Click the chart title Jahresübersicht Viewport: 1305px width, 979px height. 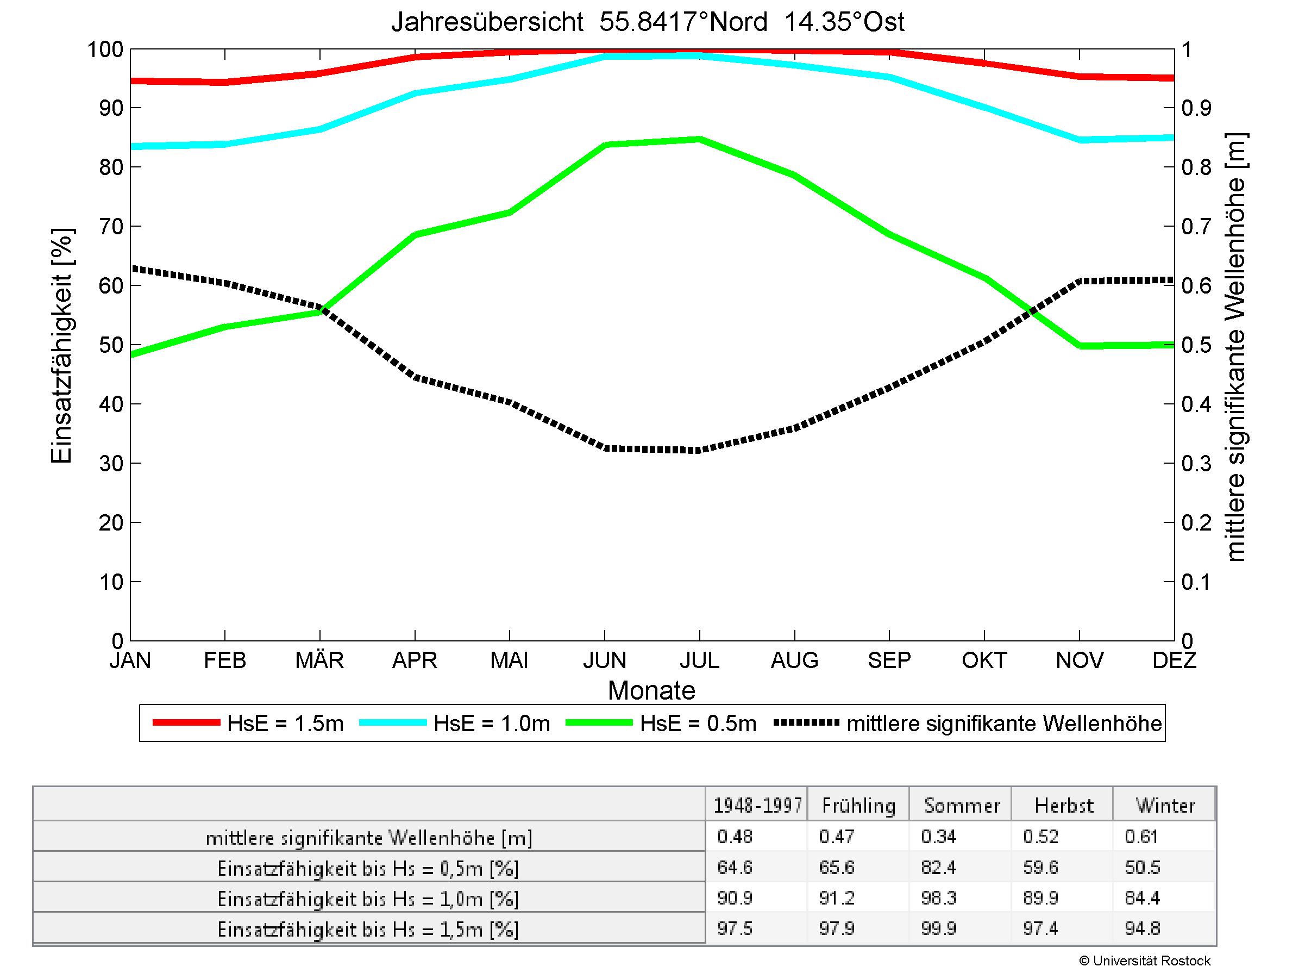[x=647, y=22]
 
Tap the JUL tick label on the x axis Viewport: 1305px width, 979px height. [x=699, y=660]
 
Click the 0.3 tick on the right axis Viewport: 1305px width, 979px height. [x=1196, y=464]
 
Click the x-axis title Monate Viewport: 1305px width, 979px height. [x=651, y=690]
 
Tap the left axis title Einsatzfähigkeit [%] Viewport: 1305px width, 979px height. [x=61, y=345]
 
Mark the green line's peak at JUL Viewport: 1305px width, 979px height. [x=699, y=139]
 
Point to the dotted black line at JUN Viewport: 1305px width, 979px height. [x=605, y=448]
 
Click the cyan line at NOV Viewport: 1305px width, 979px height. [x=1080, y=140]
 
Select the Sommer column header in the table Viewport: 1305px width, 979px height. [x=962, y=806]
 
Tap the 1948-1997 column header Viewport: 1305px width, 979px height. [x=757, y=806]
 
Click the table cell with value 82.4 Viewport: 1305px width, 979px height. [x=938, y=868]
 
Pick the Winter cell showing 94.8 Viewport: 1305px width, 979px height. [x=1143, y=929]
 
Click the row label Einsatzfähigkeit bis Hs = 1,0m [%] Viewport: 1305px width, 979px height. [x=368, y=899]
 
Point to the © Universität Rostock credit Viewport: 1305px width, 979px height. [x=1145, y=961]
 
